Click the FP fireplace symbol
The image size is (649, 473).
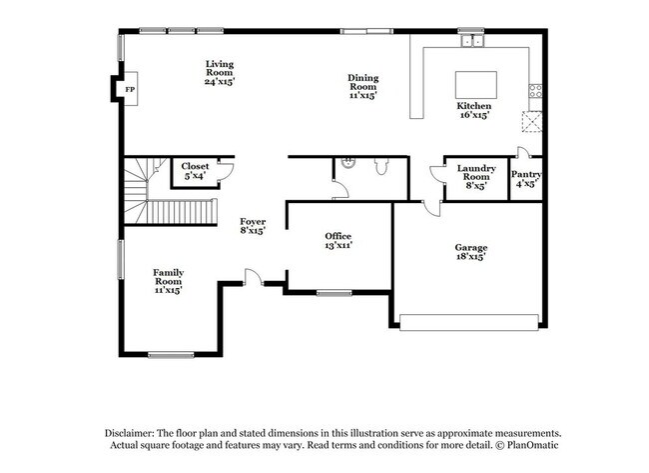[x=130, y=90]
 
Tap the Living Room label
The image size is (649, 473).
[x=219, y=72]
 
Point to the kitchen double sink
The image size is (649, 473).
[x=471, y=42]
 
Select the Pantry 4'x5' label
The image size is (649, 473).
[x=526, y=179]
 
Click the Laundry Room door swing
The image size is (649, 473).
[x=436, y=175]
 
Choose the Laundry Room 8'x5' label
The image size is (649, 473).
[x=476, y=177]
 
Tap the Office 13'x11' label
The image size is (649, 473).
[x=338, y=240]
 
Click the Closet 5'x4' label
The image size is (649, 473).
[x=194, y=171]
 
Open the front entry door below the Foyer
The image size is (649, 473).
[x=256, y=277]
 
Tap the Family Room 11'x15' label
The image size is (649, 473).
[x=167, y=281]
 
